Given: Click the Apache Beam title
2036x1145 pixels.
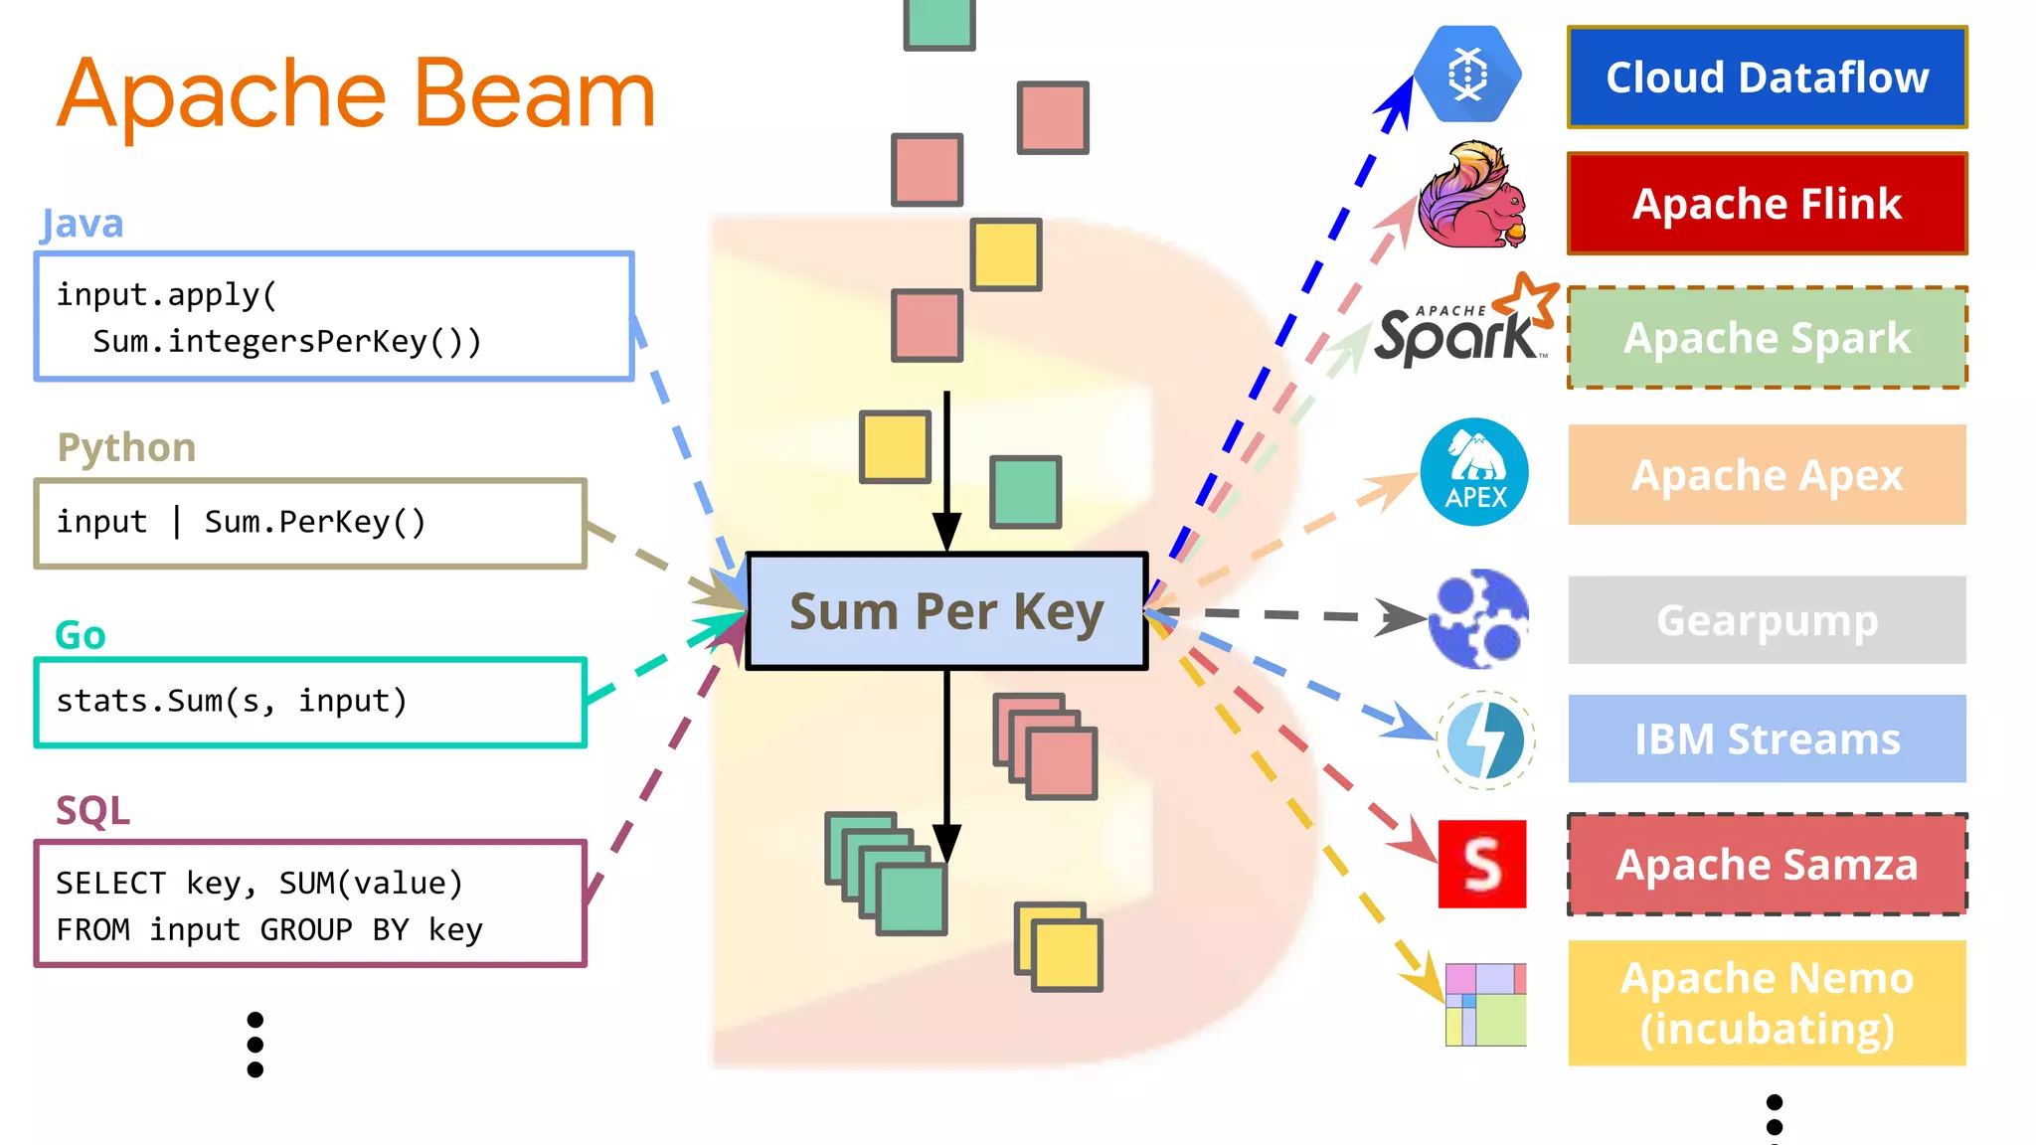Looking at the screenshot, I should [356, 93].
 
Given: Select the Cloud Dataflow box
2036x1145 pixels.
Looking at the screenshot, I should [1767, 78].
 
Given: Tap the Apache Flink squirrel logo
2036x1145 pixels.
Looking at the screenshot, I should [1471, 197].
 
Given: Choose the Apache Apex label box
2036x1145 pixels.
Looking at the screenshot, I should [1767, 475].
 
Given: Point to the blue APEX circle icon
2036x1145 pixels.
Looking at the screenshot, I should [1474, 472].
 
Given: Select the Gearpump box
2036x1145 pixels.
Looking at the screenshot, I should [1767, 620].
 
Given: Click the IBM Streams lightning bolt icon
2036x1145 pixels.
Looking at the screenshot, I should [1485, 740].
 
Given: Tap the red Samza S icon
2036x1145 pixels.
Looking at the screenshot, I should [1481, 864].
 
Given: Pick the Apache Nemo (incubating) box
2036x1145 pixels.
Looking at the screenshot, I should [1767, 1003].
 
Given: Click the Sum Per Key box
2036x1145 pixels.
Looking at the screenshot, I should [946, 611].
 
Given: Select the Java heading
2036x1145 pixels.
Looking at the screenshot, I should [82, 224].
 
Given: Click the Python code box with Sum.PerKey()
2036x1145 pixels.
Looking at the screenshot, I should [310, 524].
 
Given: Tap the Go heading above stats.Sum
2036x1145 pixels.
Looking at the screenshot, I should [80, 635].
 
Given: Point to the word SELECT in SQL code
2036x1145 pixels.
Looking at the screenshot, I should [110, 884].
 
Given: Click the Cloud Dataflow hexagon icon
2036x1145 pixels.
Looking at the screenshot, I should [1467, 75].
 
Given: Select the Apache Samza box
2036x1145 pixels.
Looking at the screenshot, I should [1767, 865].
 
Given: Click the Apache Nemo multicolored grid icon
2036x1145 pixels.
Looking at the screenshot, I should [1485, 1004].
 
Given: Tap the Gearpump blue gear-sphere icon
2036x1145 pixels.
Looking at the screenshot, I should [1478, 618].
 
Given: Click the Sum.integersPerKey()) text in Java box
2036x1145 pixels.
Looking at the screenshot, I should [286, 342].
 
